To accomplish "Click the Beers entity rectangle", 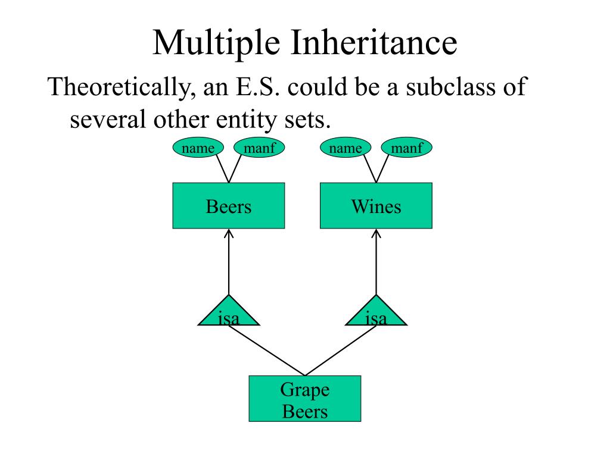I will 229,206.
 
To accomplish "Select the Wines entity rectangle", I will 376,206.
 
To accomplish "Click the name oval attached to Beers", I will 198,148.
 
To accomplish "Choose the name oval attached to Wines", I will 346,148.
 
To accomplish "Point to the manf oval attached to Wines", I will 407,148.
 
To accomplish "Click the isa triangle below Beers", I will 229,314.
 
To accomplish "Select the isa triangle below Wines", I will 376,314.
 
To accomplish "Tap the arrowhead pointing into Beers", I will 229,233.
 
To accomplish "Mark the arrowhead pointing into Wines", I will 376,233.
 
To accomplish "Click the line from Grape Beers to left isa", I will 266,350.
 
